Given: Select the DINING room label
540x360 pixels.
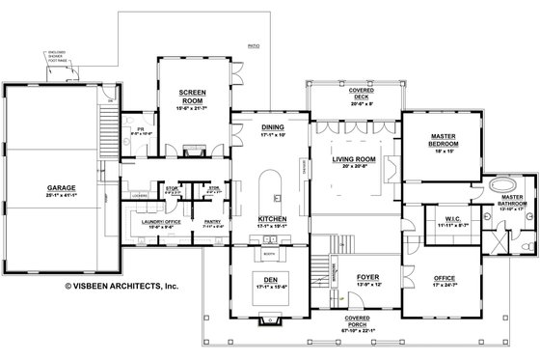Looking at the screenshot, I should (272, 127).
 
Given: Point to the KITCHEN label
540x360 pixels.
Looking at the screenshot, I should (272, 219).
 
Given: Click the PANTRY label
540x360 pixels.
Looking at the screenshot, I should (214, 221).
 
